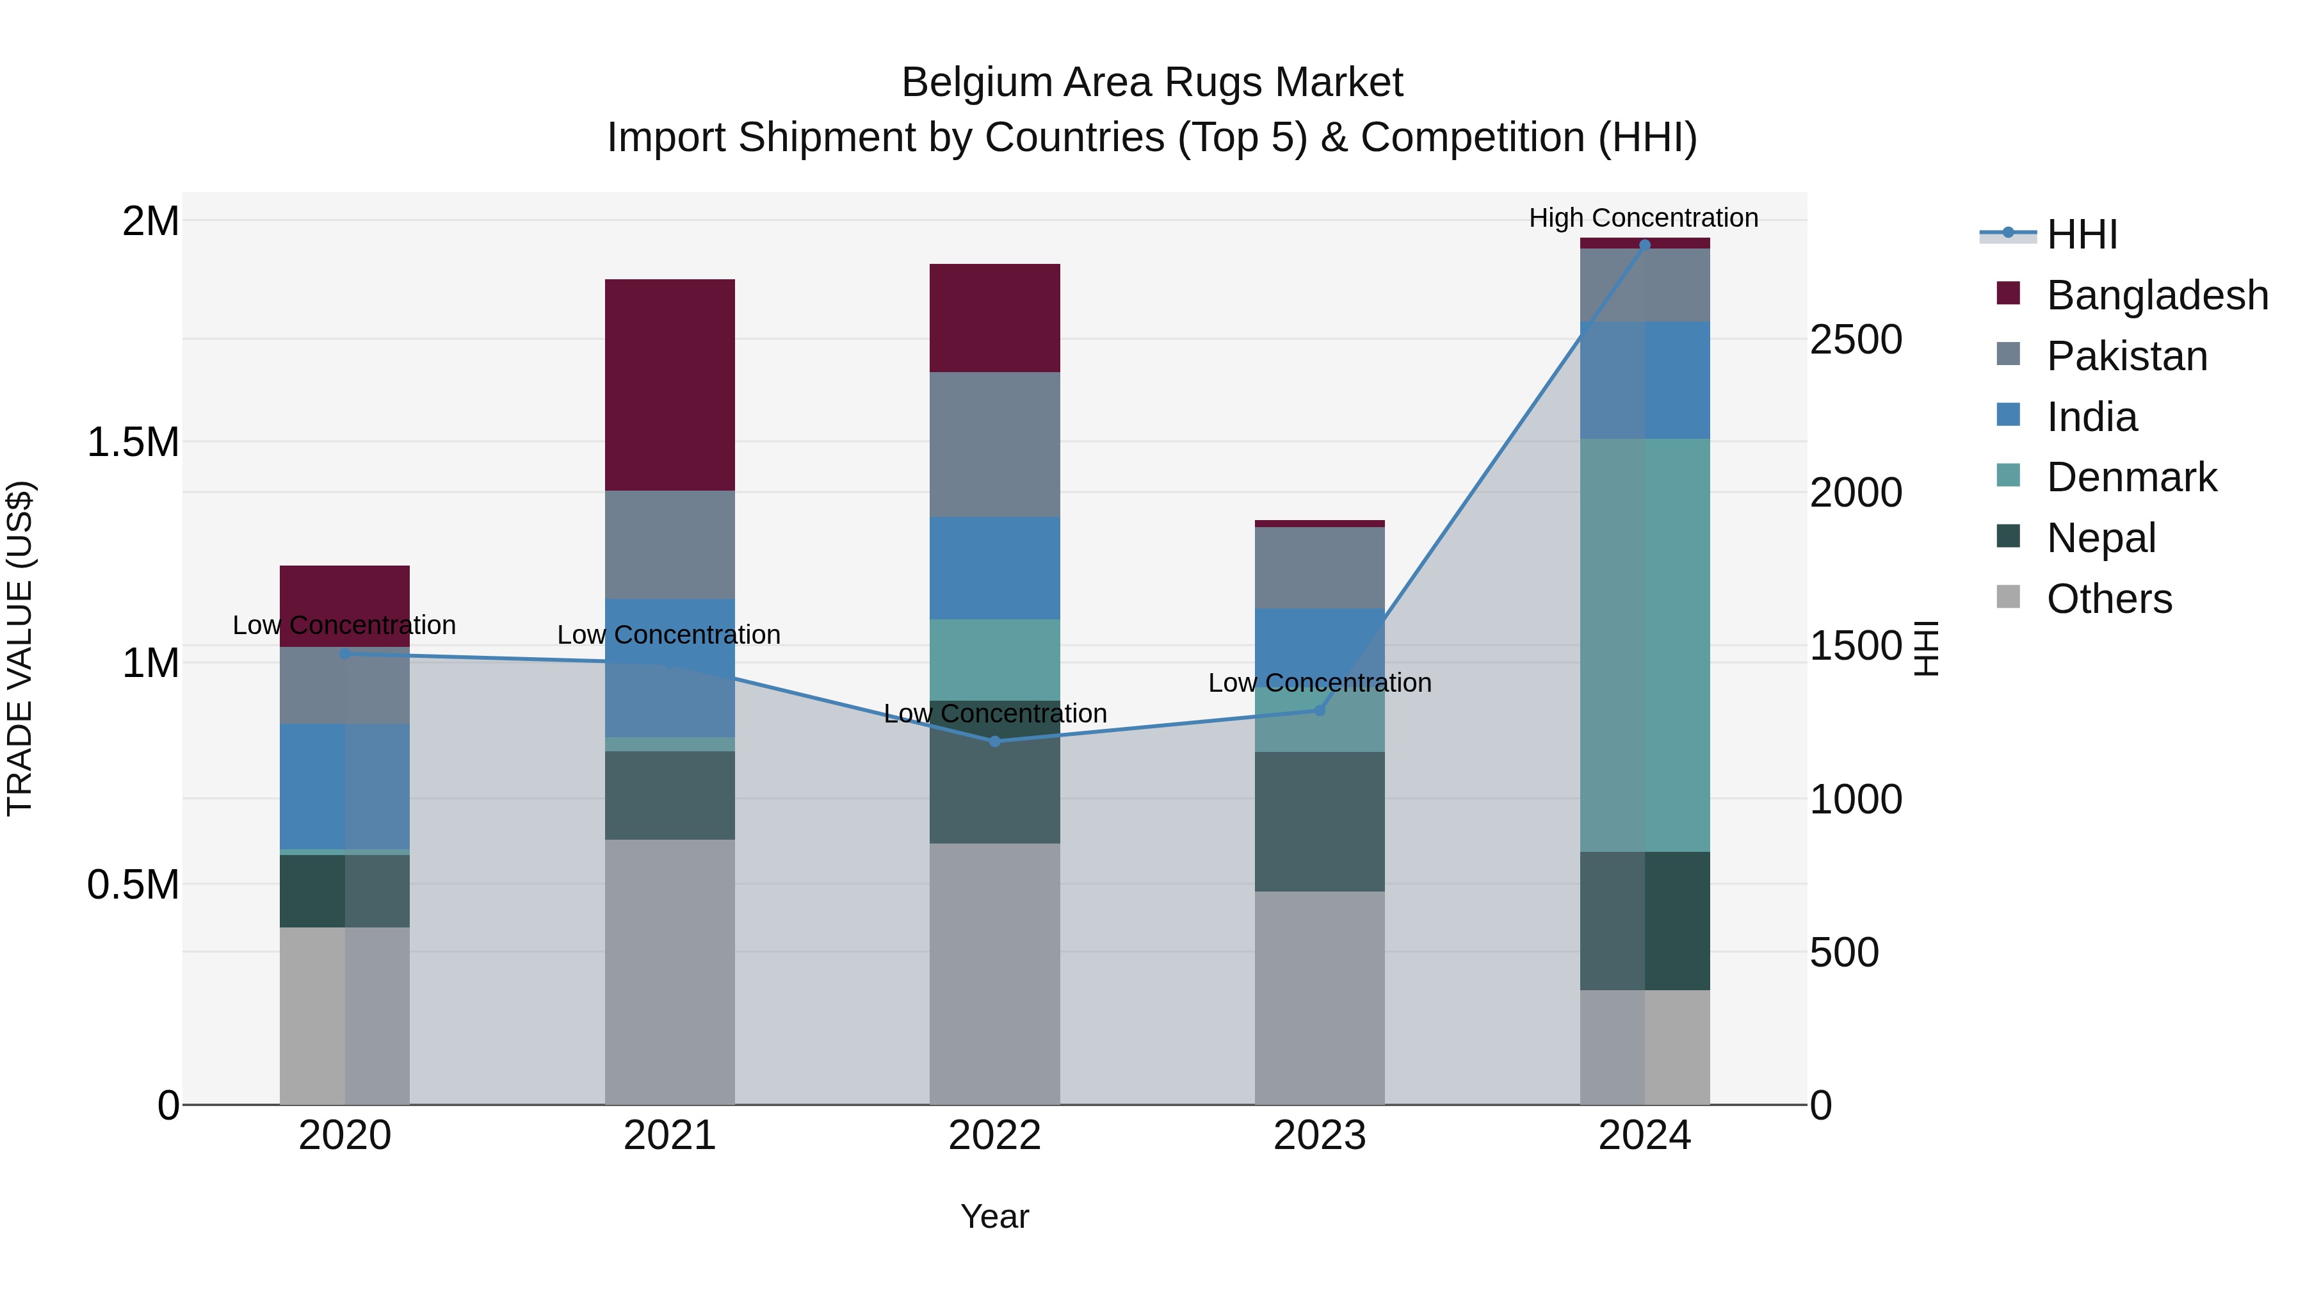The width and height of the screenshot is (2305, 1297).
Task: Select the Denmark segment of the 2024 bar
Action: coord(1645,644)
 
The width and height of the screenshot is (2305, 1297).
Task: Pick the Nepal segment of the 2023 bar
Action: coord(1319,821)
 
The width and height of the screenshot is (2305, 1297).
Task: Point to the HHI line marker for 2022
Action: coord(995,741)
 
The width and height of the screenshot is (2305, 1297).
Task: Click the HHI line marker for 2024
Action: coord(1645,245)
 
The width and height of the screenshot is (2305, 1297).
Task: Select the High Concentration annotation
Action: coord(1643,218)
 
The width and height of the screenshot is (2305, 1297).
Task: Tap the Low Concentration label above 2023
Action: coord(1319,683)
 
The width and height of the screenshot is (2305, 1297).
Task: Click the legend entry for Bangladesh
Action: coord(2156,295)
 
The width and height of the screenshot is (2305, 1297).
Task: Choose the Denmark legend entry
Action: coord(2131,477)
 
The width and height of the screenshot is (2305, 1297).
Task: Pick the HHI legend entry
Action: coord(2082,234)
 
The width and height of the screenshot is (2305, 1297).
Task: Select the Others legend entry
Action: coord(2108,599)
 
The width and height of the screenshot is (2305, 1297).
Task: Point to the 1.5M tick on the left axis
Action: coord(133,442)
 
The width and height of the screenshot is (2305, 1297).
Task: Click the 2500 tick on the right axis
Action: coord(1856,340)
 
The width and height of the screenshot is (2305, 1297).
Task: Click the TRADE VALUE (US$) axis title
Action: coord(20,648)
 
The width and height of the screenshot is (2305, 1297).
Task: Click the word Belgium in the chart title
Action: coord(977,83)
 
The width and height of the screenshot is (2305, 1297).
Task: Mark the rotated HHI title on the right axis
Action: coord(1925,648)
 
